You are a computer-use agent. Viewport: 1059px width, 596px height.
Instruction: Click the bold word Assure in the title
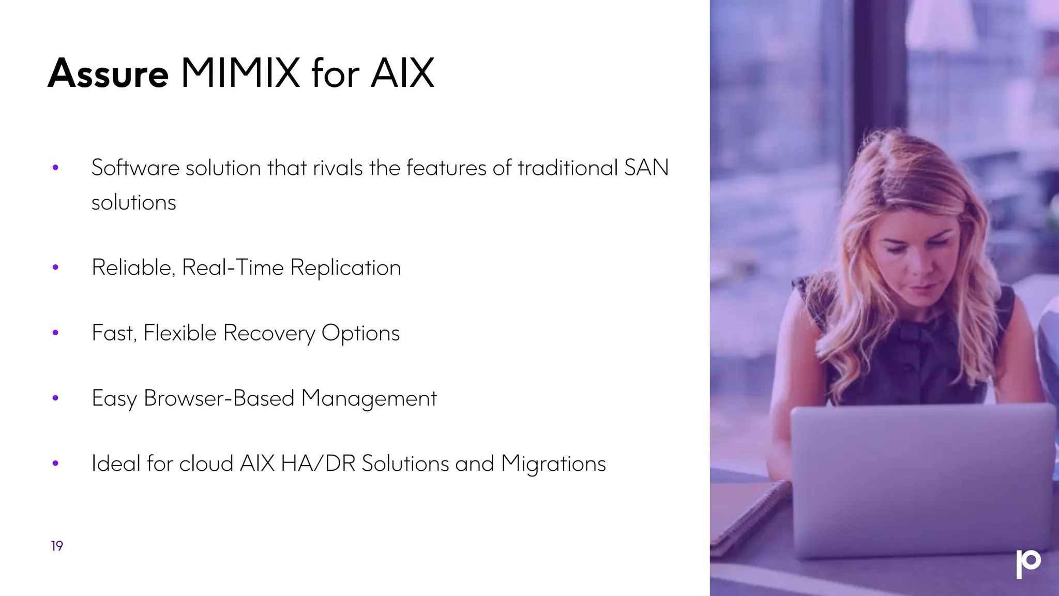pyautogui.click(x=108, y=73)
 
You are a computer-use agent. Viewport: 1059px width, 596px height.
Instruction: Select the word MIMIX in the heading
pyautogui.click(x=240, y=73)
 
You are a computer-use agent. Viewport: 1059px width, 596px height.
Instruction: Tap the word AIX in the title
pyautogui.click(x=402, y=73)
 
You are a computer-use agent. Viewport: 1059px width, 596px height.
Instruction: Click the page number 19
pyautogui.click(x=57, y=546)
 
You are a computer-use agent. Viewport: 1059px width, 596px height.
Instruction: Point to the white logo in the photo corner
pyautogui.click(x=1028, y=563)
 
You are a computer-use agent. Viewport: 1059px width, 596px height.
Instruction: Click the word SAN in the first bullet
pyautogui.click(x=646, y=168)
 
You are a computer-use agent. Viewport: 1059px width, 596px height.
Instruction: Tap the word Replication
pyautogui.click(x=345, y=268)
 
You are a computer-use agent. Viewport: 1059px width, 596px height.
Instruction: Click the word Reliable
pyautogui.click(x=133, y=267)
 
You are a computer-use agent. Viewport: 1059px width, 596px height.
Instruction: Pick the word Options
pyautogui.click(x=360, y=333)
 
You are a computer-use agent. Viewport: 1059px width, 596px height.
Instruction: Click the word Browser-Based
pyautogui.click(x=219, y=398)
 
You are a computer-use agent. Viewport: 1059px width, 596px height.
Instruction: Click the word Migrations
pyautogui.click(x=553, y=464)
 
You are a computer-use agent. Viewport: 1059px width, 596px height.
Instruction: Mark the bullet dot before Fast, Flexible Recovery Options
pyautogui.click(x=55, y=333)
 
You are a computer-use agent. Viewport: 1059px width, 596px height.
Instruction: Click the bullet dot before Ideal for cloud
pyautogui.click(x=55, y=464)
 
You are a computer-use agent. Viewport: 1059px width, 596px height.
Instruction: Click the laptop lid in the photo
pyautogui.click(x=920, y=476)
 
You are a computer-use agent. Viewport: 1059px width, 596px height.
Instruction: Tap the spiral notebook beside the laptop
pyautogui.click(x=750, y=517)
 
